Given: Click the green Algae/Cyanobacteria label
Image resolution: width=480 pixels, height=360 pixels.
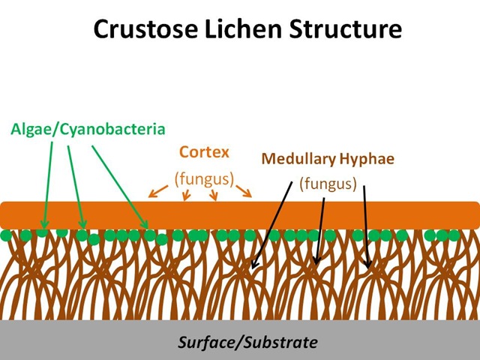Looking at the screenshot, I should point(88,129).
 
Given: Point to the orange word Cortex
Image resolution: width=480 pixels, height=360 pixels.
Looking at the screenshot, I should point(204,152).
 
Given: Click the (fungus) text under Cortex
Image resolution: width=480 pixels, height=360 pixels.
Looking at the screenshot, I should point(204,179).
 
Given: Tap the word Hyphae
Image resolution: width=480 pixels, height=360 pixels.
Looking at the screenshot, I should point(367,159).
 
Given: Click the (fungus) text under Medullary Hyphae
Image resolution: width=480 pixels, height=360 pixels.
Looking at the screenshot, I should point(327,184).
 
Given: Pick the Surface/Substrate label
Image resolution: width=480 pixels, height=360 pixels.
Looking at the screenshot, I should point(247,342).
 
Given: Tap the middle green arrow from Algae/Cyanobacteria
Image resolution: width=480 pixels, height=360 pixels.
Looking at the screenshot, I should point(76,184).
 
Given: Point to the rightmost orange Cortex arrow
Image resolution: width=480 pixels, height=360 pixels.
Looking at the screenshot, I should point(245,191).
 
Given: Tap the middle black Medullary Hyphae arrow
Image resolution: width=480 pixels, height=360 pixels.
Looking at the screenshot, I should point(321,229).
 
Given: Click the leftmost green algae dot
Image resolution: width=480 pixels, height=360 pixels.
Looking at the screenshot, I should point(7,236).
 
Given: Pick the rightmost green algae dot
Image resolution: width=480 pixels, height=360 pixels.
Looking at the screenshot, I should point(453,235).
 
